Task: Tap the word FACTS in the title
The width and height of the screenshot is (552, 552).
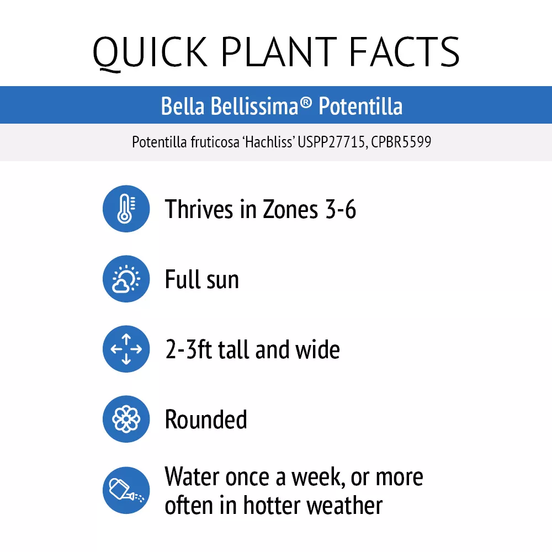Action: pyautogui.click(x=404, y=51)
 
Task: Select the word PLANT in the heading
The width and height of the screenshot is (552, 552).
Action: pyautogui.click(x=279, y=51)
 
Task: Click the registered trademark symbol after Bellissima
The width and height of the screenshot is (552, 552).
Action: pyautogui.click(x=306, y=103)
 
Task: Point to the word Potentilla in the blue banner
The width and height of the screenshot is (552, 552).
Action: pyautogui.click(x=360, y=106)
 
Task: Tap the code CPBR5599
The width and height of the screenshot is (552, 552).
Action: pyautogui.click(x=401, y=142)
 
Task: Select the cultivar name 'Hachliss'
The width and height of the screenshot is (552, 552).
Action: pyautogui.click(x=269, y=142)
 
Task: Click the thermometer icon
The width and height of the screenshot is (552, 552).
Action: pyautogui.click(x=126, y=209)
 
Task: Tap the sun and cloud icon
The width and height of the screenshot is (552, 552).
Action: pyautogui.click(x=126, y=279)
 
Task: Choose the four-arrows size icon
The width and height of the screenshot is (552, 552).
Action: pyautogui.click(x=126, y=349)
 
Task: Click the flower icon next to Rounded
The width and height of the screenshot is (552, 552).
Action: pyautogui.click(x=126, y=419)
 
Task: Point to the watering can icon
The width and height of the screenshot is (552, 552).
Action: pyautogui.click(x=126, y=490)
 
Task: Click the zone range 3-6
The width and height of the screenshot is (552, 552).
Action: pyautogui.click(x=341, y=209)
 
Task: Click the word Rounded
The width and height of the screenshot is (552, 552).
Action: pyautogui.click(x=206, y=420)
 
